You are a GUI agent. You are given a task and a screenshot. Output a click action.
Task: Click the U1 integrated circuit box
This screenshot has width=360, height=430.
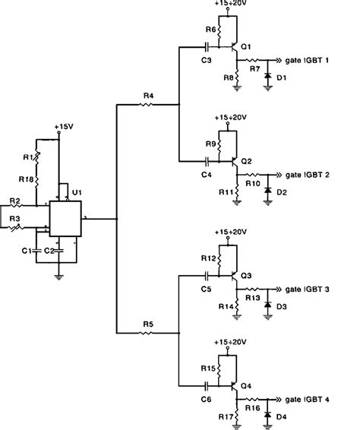click(65, 218)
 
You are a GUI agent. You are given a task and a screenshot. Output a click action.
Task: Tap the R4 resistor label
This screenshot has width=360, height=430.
click(148, 95)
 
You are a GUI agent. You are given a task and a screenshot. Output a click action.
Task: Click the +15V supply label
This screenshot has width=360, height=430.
click(65, 125)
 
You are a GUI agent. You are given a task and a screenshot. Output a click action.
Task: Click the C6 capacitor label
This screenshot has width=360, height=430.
click(206, 398)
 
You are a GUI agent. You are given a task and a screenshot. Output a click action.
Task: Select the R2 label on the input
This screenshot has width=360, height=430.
click(15, 201)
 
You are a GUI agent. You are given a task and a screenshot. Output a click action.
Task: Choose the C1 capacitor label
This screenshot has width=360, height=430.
click(27, 250)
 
